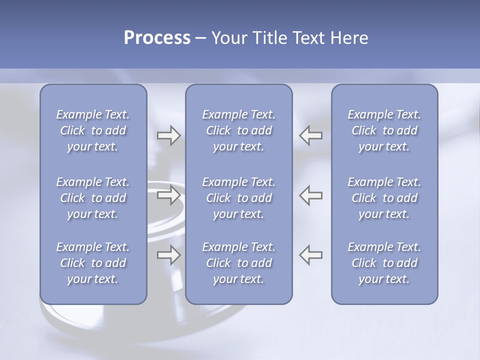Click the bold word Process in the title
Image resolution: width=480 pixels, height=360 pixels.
tap(157, 38)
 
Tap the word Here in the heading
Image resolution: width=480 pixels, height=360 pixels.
tap(349, 38)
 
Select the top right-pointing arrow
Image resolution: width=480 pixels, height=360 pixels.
tap(169, 135)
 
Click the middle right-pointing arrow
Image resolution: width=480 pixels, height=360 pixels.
tap(169, 195)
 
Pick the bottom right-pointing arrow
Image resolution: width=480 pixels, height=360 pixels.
tap(169, 254)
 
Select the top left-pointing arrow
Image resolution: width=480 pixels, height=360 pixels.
tap(310, 135)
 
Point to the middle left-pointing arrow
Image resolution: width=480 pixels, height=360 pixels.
tap(310, 195)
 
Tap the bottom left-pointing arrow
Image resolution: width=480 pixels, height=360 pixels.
tap(310, 254)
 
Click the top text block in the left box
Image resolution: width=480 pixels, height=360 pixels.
tap(93, 130)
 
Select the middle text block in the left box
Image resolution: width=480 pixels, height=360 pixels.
tap(93, 198)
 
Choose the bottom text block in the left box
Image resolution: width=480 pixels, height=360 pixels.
tap(93, 263)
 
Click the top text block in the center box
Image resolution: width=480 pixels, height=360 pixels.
tap(238, 130)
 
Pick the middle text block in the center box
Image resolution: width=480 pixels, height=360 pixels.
tap(238, 198)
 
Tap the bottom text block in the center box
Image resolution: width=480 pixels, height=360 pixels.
tap(238, 263)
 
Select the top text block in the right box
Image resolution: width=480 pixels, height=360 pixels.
tap(384, 130)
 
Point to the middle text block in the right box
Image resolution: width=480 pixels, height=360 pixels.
tap(384, 198)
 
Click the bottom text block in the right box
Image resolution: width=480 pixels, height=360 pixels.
tap(384, 263)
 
